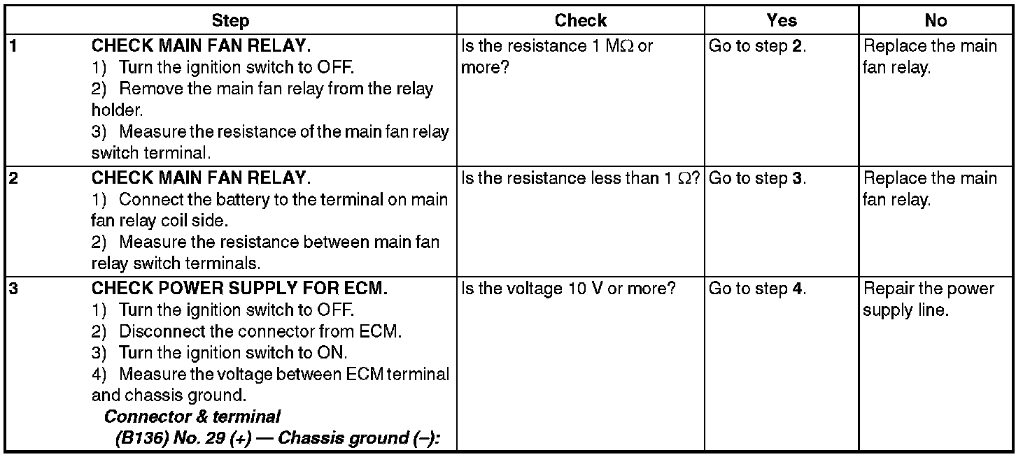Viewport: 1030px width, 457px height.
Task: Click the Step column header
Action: point(230,21)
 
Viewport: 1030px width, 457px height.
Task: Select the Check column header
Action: point(580,21)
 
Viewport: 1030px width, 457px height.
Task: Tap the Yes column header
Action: point(781,21)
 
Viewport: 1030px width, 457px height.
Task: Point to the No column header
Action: point(936,21)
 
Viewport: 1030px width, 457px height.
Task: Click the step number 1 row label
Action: point(13,47)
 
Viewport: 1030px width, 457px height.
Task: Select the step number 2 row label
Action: point(13,178)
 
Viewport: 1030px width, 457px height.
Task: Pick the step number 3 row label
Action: point(13,289)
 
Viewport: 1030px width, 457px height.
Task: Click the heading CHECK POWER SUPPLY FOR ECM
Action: point(239,289)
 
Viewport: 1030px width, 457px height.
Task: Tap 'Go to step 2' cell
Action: point(757,47)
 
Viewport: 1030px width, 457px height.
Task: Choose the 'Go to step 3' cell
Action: point(757,178)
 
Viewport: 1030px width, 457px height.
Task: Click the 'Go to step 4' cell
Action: point(757,289)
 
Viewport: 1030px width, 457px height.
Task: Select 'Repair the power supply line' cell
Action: point(928,299)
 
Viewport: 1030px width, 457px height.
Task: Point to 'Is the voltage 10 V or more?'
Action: point(568,289)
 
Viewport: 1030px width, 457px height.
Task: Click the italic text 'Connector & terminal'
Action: point(192,417)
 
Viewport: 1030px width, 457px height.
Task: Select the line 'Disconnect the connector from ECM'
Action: point(260,331)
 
